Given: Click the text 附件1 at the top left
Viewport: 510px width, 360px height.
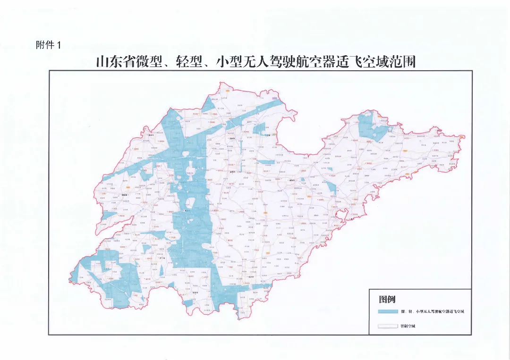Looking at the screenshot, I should point(49,45).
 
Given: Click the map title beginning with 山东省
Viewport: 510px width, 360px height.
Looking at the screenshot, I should point(255,62).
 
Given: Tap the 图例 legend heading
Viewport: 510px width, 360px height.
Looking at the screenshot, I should point(387,300).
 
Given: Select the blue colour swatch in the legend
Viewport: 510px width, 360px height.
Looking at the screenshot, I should point(388,312).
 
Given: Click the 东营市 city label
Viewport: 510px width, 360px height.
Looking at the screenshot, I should point(268,135).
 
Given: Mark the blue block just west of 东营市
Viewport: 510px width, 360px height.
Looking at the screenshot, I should point(259,130).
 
